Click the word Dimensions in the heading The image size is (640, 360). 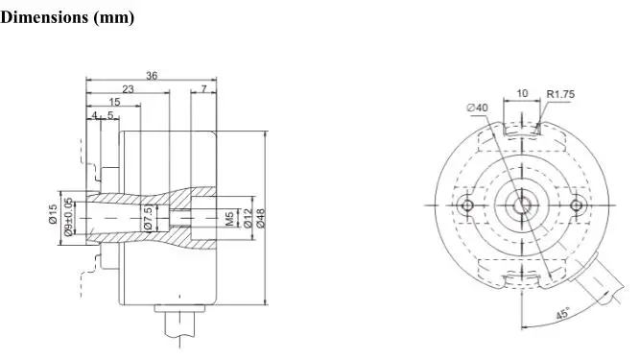click(44, 17)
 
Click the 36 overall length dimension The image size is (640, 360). click(152, 76)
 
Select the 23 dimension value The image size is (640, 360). click(128, 89)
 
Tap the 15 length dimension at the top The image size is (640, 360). click(115, 102)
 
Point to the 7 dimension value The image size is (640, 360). click(203, 89)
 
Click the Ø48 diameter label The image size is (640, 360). click(261, 218)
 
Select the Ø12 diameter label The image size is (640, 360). click(248, 218)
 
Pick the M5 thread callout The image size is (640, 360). click(229, 218)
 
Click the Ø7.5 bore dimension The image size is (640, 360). click(148, 218)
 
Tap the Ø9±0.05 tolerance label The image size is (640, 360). click(68, 217)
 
